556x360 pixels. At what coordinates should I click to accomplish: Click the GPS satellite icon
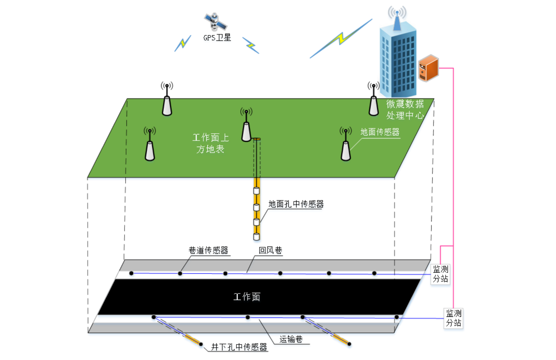[215, 22]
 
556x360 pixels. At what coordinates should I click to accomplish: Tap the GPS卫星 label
[217, 38]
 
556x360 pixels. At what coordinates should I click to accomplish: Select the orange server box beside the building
[428, 68]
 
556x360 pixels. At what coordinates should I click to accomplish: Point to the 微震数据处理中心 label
[405, 109]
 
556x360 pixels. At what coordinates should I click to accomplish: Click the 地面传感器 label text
[380, 132]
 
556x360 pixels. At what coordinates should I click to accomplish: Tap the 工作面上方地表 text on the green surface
[210, 143]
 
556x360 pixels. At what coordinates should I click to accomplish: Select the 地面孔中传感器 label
[296, 204]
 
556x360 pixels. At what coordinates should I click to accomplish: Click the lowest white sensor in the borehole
[256, 237]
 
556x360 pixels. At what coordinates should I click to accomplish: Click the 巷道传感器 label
[208, 250]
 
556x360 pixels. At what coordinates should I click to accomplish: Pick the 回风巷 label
[270, 250]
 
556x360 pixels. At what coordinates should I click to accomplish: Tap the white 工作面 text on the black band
[247, 297]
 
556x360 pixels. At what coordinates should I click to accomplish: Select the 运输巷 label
[291, 339]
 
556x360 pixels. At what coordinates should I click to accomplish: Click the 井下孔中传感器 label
[239, 347]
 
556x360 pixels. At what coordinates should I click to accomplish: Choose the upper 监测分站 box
[440, 274]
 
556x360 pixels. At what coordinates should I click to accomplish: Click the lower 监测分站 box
[454, 318]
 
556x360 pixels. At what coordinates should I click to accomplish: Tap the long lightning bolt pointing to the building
[341, 38]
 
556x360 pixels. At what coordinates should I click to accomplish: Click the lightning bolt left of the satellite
[183, 43]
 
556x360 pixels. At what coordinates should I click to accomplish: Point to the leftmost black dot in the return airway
[131, 273]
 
